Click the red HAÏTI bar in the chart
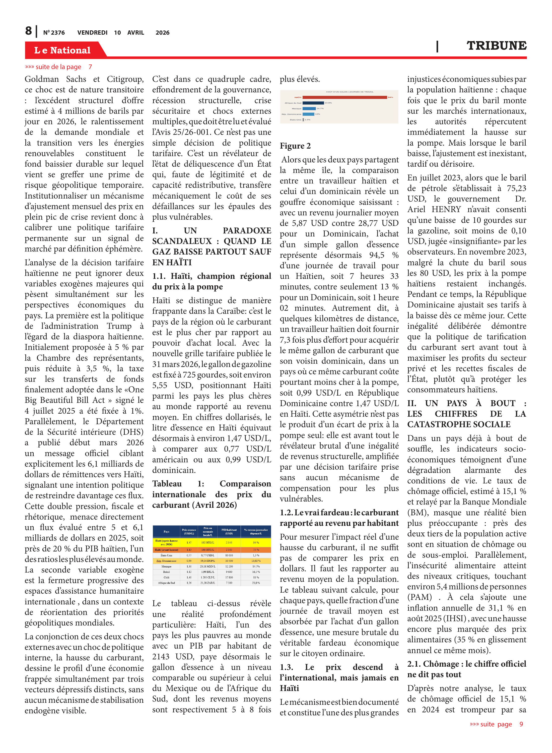click(x=344, y=97)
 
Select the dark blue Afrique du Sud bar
click(x=313, y=103)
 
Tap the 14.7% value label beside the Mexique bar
click(x=320, y=108)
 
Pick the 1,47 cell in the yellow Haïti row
click(x=189, y=543)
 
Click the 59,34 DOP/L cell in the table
click(x=208, y=561)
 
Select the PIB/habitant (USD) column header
click(x=229, y=531)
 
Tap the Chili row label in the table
click(x=166, y=577)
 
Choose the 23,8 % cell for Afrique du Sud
click(x=256, y=583)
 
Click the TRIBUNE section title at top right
click(x=496, y=46)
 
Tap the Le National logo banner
click(x=62, y=50)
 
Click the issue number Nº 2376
click(x=54, y=33)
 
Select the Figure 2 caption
click(x=295, y=146)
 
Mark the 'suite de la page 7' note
click(x=58, y=67)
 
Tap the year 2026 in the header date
click(x=162, y=33)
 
